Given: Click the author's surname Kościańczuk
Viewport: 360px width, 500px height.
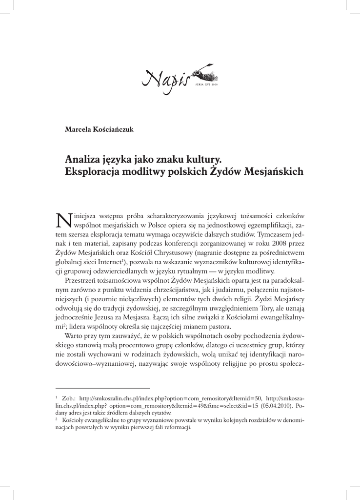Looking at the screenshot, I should [x=113, y=130].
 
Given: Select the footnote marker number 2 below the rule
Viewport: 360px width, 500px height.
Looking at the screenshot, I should [x=57, y=419].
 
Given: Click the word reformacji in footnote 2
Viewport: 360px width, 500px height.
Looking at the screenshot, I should [x=177, y=427].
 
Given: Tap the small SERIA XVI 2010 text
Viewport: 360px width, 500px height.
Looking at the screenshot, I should [x=205, y=84].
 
